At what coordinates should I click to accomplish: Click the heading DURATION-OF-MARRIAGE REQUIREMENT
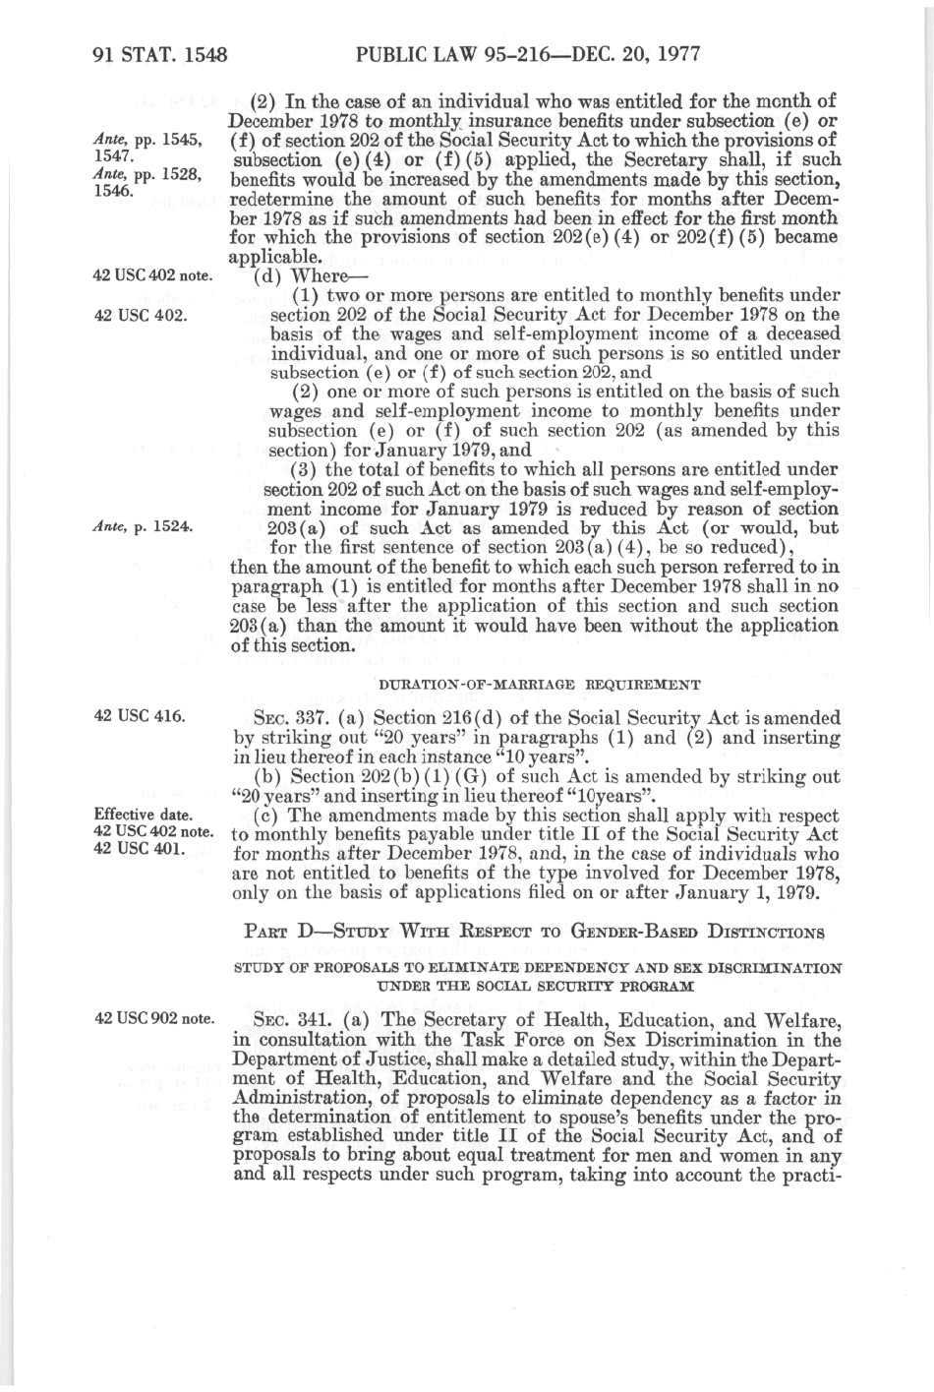pos(539,685)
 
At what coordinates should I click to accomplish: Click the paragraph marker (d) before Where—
pos(265,275)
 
